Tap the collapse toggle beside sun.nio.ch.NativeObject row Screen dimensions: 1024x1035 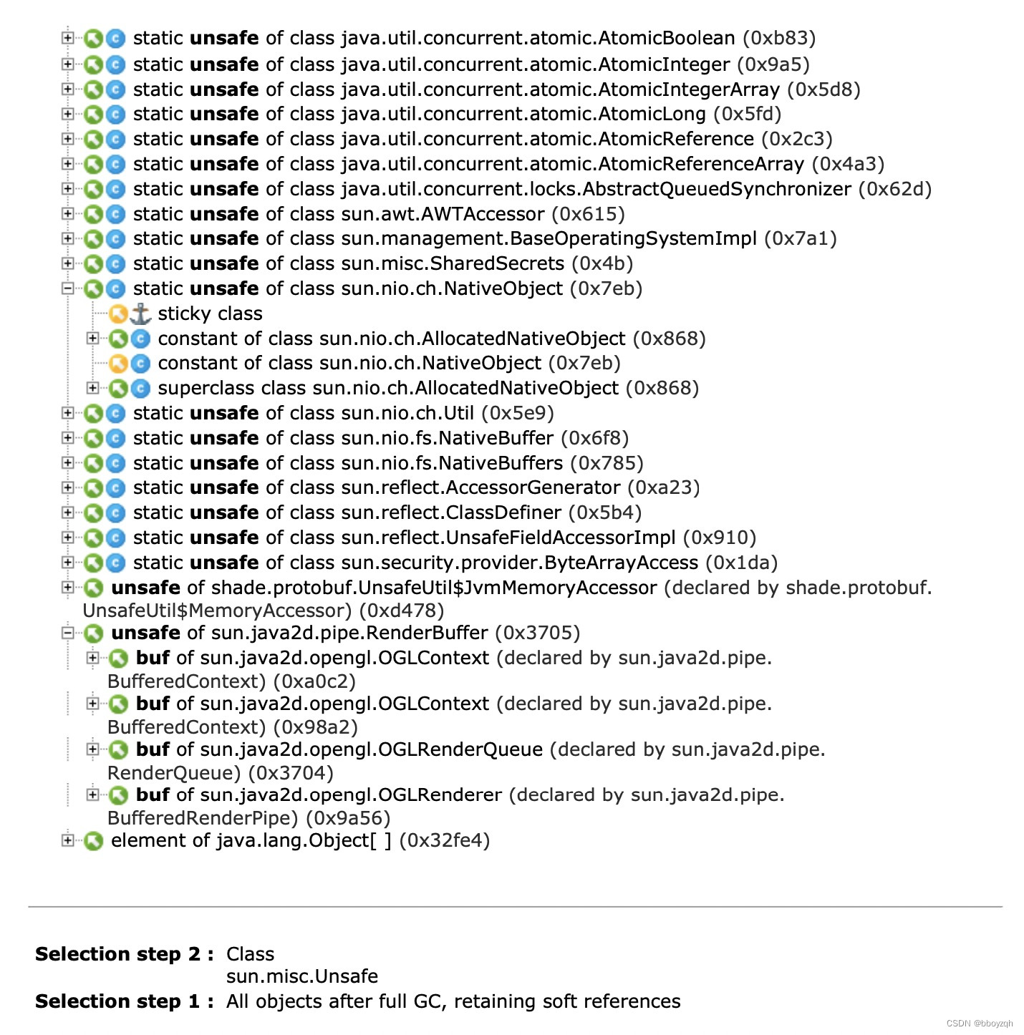click(68, 288)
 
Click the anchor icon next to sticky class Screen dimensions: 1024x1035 click(140, 314)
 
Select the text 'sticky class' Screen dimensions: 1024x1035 click(210, 314)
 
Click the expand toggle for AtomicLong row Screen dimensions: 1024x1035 click(68, 114)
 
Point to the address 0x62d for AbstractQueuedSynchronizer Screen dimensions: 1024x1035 click(895, 189)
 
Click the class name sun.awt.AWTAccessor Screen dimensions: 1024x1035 click(443, 214)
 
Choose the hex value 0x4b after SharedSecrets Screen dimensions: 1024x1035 click(602, 263)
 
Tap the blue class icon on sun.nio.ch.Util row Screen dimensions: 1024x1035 click(115, 413)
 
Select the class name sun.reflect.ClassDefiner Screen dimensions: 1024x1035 click(451, 512)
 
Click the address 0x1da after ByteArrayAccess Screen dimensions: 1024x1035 click(741, 563)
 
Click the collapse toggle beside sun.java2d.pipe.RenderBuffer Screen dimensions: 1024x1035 click(68, 633)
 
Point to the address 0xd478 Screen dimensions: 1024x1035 click(401, 611)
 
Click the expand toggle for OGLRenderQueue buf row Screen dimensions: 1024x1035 click(92, 749)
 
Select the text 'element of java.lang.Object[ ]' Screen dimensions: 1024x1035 click(251, 840)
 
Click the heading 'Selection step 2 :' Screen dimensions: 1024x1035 click(124, 954)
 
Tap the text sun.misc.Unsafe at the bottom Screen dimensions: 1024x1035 click(301, 976)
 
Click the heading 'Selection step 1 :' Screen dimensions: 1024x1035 click(124, 1001)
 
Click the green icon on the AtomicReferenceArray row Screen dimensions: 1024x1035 click(93, 164)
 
